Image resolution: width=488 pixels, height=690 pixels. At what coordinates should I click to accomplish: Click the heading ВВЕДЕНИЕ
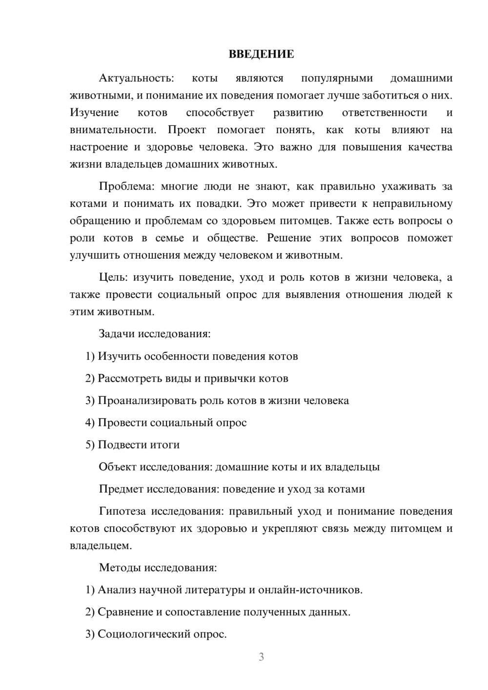coord(261,54)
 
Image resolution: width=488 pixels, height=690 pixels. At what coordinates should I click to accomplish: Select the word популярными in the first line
coord(337,78)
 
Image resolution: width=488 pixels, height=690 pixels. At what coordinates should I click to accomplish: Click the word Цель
coord(113,277)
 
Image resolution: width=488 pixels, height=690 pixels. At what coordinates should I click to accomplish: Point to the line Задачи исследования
coord(155,334)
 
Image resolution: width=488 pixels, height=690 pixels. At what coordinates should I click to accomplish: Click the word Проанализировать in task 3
coord(147,401)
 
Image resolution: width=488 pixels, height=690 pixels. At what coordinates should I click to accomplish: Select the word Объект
coord(117,467)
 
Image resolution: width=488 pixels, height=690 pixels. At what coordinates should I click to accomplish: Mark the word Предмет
coord(121,489)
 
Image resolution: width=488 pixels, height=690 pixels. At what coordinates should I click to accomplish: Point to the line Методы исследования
coord(158,568)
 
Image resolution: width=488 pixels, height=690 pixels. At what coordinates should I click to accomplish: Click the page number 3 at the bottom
coord(261,657)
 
